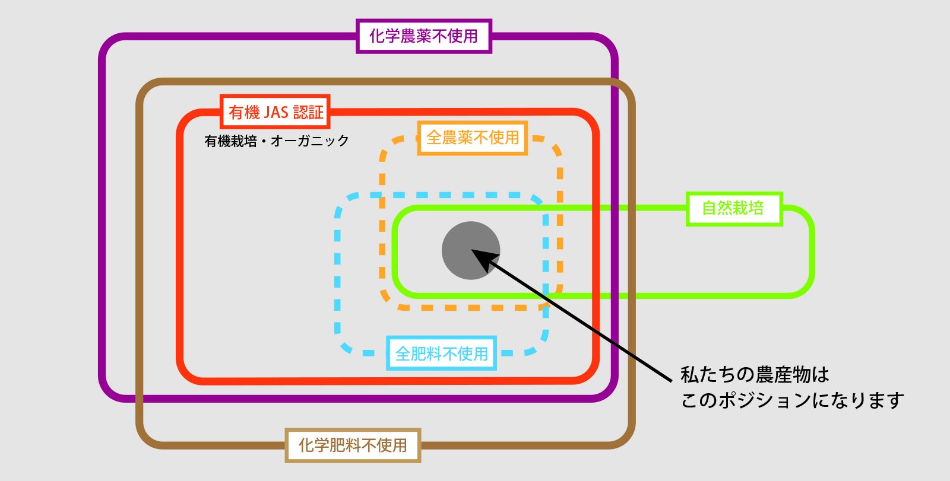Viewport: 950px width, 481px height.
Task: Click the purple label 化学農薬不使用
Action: [424, 36]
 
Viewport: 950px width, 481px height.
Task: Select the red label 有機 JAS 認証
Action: [275, 112]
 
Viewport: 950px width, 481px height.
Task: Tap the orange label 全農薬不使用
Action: [473, 138]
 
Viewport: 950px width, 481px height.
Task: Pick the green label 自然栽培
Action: [733, 209]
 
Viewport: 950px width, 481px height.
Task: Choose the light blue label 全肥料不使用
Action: [442, 353]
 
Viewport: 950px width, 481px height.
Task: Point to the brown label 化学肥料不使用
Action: [353, 445]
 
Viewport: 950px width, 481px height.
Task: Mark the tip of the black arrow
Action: [473, 251]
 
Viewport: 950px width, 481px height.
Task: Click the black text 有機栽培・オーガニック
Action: [277, 141]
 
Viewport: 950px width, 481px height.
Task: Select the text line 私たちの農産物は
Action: [755, 375]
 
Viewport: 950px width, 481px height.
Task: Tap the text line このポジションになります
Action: [792, 400]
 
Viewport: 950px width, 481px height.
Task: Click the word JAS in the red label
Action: [275, 112]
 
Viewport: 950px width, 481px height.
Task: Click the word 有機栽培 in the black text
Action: [230, 141]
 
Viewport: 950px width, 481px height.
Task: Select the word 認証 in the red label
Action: [308, 112]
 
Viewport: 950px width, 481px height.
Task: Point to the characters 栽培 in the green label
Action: [748, 209]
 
